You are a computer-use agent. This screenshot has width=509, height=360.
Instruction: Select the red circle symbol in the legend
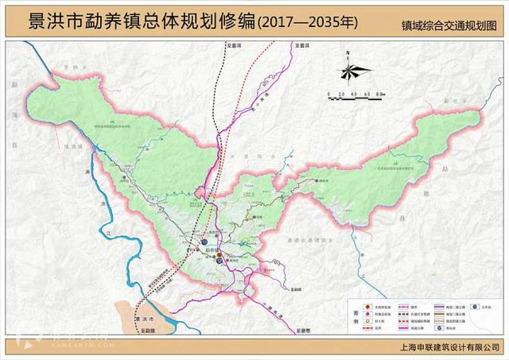coord(366,306)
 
